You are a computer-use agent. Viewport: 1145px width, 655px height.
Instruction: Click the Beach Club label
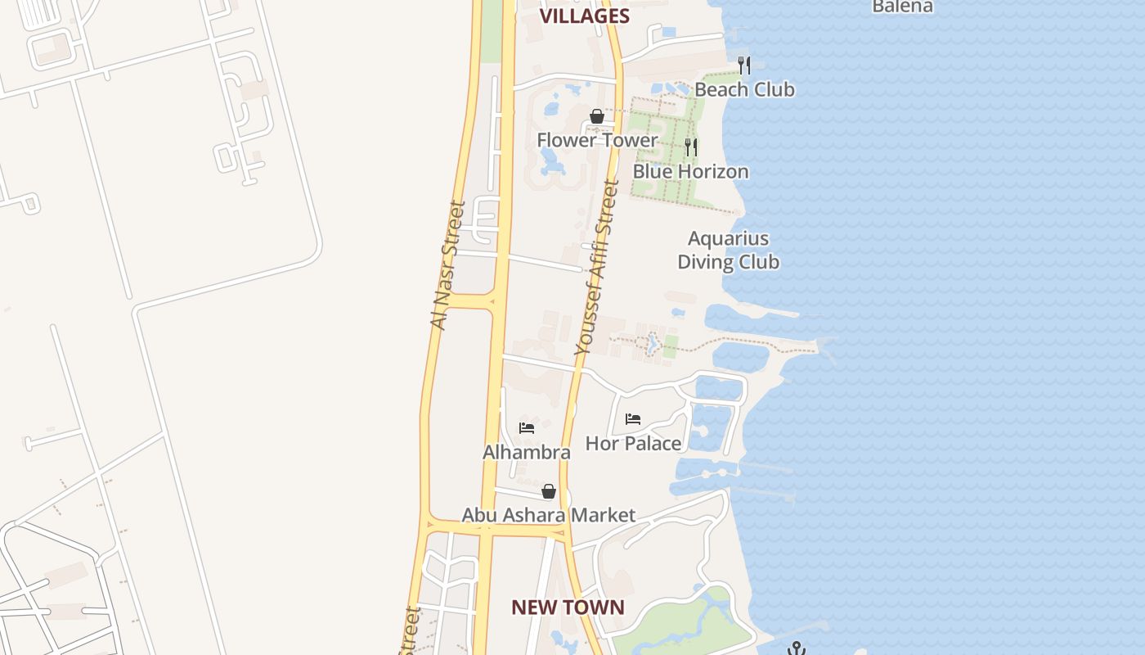click(x=744, y=89)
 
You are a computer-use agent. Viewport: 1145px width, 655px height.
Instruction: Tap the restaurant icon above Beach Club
click(x=743, y=65)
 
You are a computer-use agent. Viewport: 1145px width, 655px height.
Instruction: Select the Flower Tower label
click(x=597, y=140)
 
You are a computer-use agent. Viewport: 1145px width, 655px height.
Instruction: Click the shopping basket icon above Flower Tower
click(x=597, y=116)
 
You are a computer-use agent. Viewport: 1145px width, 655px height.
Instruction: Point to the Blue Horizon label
click(x=690, y=171)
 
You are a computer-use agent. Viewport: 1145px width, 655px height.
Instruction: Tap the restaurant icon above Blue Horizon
click(x=691, y=147)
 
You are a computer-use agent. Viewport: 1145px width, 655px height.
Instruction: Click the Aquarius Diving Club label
click(x=728, y=250)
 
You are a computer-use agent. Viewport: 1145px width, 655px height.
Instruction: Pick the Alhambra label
click(x=526, y=452)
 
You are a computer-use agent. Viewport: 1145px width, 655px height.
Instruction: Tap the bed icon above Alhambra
click(x=527, y=428)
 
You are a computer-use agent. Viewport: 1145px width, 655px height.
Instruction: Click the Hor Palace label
click(x=633, y=444)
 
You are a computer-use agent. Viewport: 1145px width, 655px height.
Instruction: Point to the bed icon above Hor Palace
click(x=633, y=419)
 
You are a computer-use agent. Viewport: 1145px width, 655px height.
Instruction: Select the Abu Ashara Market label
click(x=548, y=515)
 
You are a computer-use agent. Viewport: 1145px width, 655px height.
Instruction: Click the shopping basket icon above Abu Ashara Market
click(x=549, y=491)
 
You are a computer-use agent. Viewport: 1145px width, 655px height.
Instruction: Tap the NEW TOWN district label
click(x=568, y=608)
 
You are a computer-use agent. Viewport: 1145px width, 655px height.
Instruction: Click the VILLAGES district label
click(x=584, y=16)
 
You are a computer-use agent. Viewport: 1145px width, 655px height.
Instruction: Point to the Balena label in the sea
click(x=902, y=7)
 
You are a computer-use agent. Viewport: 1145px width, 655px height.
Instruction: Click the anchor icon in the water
click(x=796, y=648)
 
